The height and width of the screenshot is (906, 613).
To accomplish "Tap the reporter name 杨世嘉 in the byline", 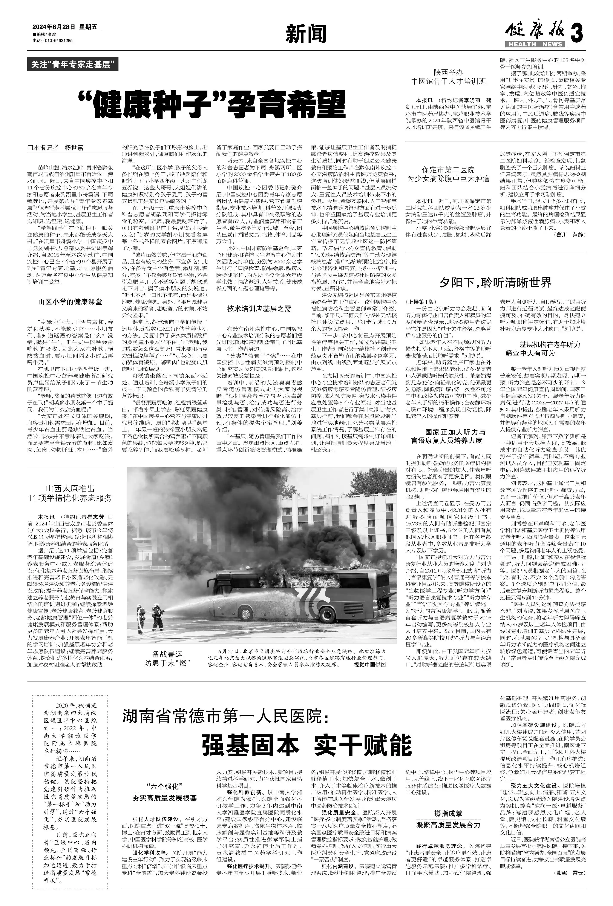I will [x=74, y=148].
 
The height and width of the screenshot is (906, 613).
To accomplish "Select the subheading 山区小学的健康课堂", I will [x=70, y=302].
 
